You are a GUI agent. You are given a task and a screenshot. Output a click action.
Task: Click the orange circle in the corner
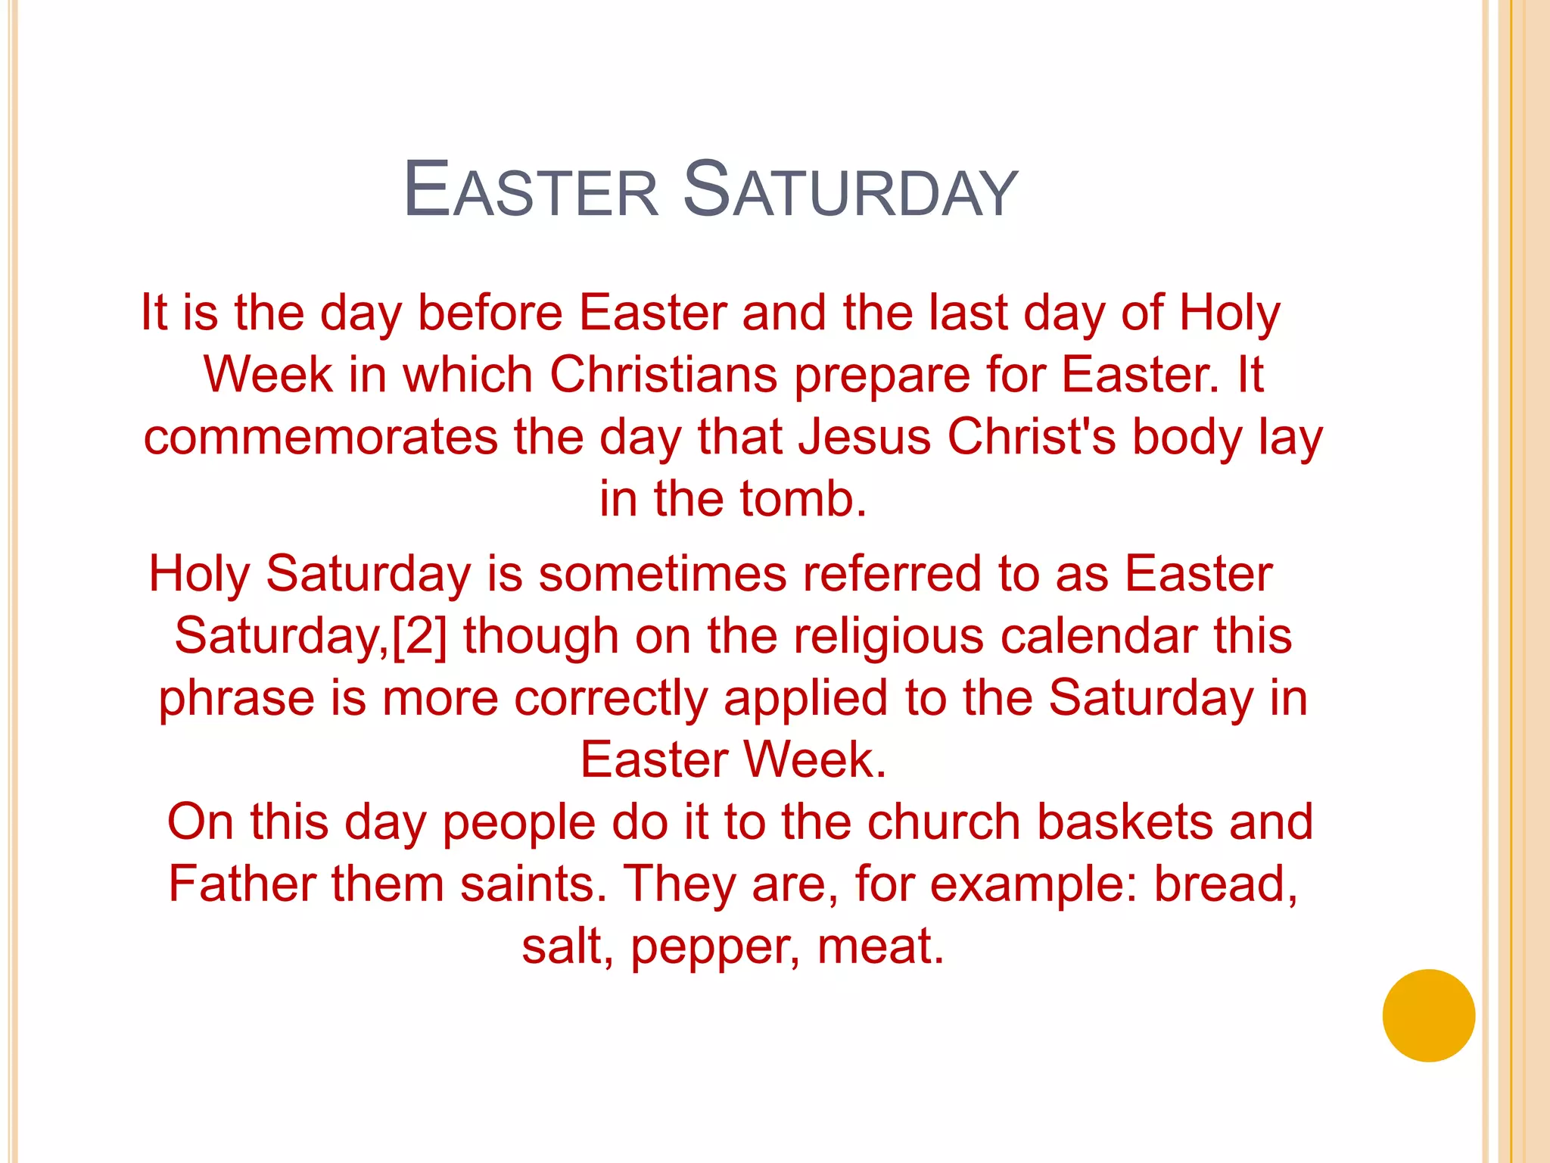pos(1428,1015)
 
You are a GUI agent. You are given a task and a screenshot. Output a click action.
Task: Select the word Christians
pos(663,375)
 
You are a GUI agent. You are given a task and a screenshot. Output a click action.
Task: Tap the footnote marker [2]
pos(419,635)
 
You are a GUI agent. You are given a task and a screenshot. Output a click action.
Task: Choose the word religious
pos(889,635)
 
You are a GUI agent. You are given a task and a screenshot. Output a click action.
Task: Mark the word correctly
pos(610,697)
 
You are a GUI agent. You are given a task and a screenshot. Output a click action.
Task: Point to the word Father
pos(241,884)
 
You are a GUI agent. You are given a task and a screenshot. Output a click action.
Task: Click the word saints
pos(534,884)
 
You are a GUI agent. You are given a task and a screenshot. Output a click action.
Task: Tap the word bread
pos(1225,884)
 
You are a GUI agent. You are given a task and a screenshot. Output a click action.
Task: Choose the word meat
pos(880,946)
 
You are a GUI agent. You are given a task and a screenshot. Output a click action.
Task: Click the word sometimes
pos(662,573)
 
